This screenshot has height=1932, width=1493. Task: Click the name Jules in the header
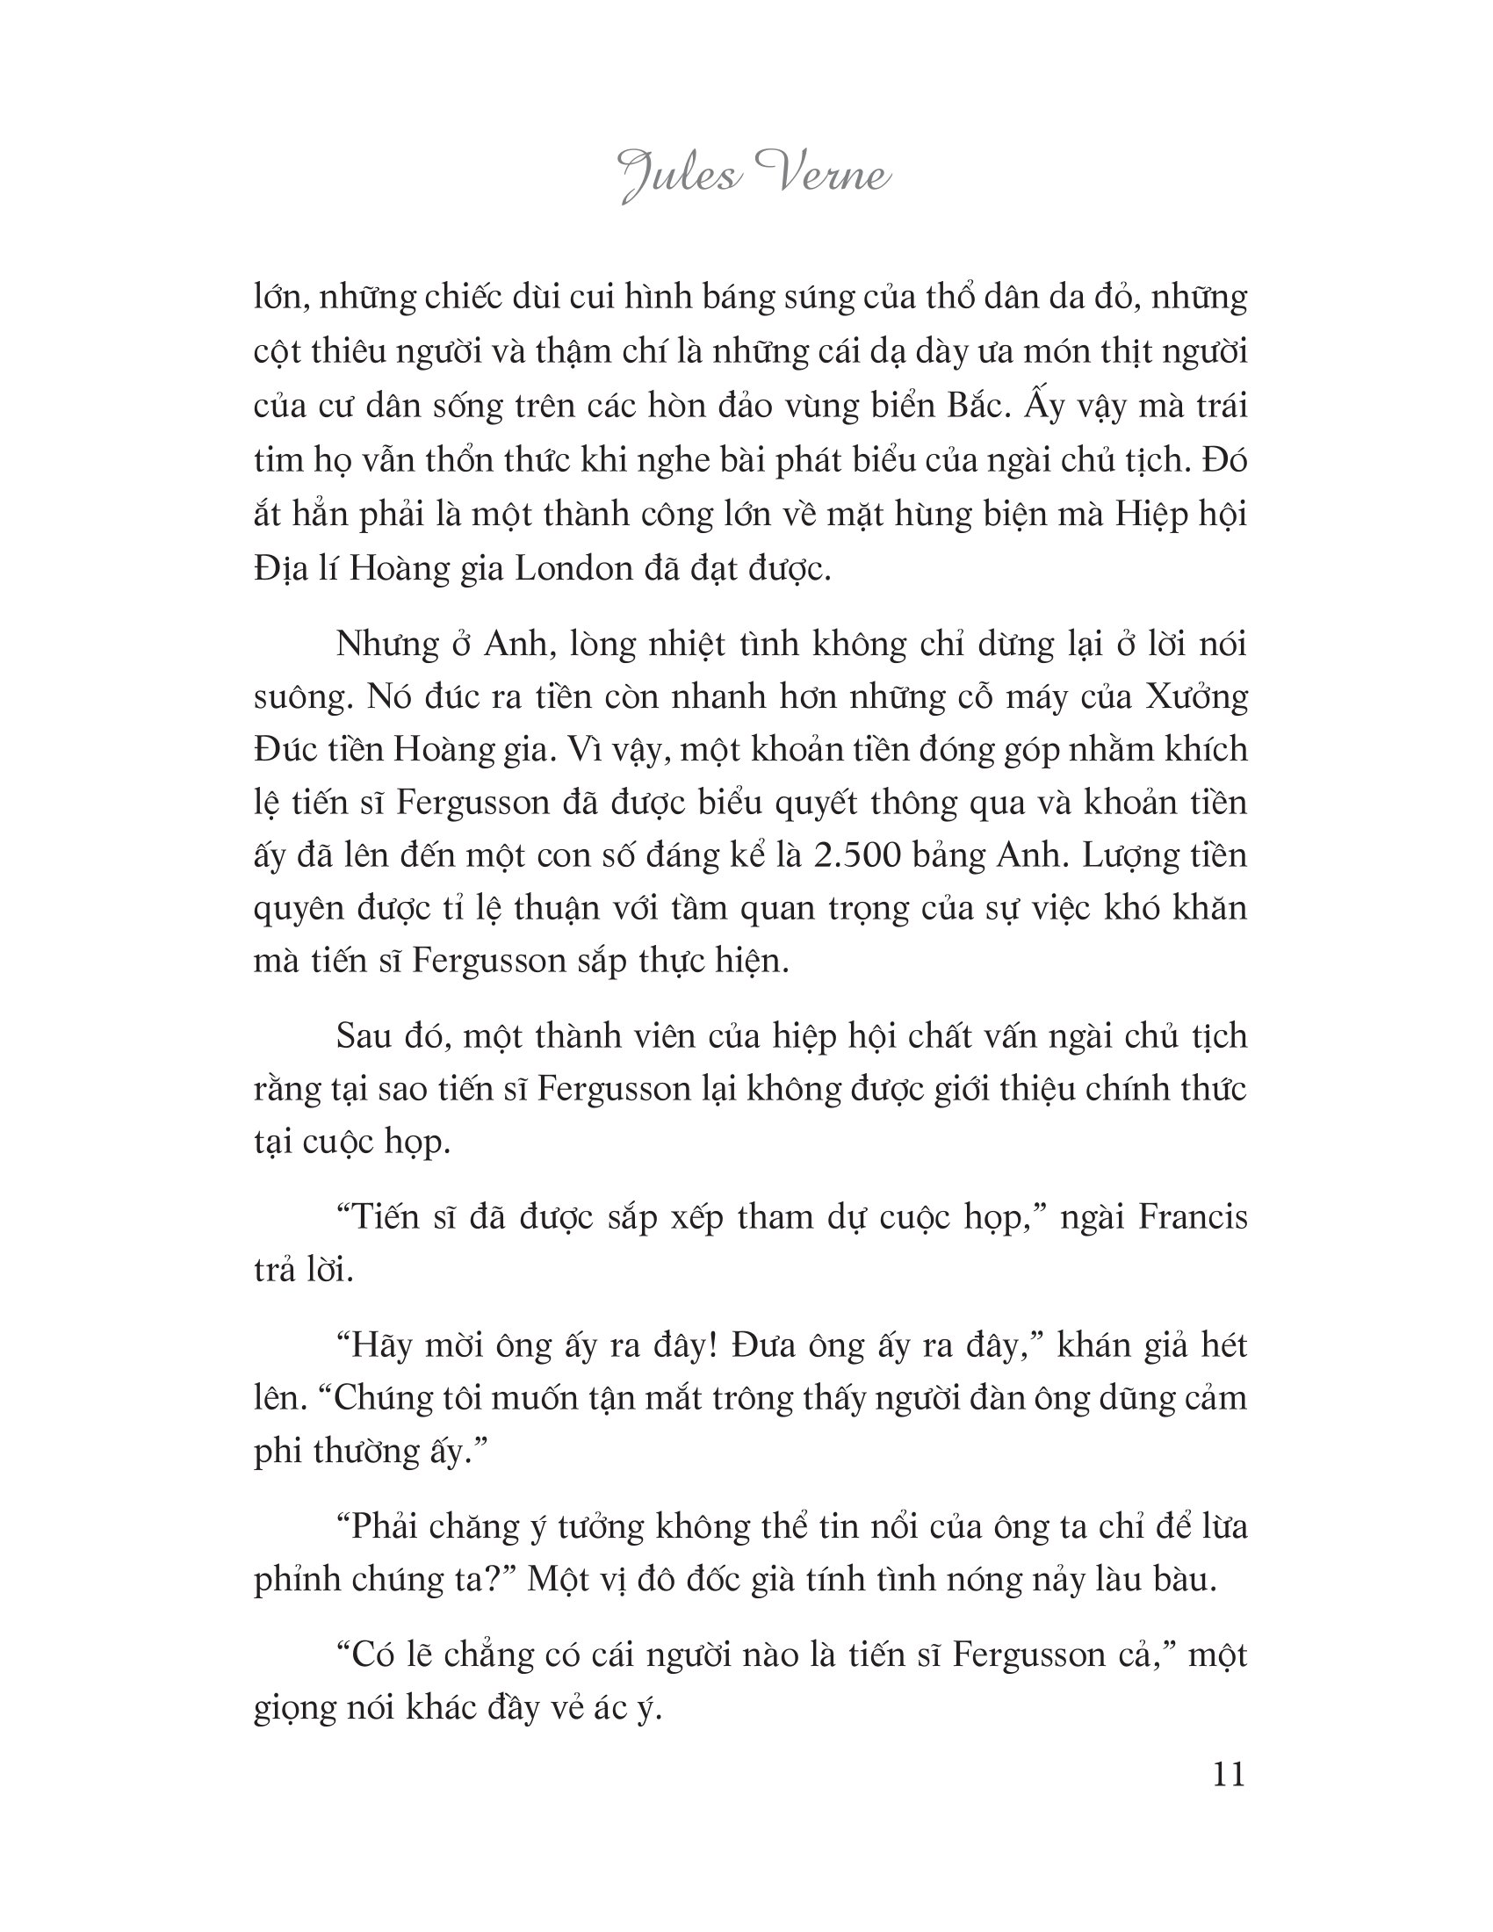[x=679, y=175]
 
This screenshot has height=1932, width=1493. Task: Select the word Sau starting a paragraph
[x=365, y=1036]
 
